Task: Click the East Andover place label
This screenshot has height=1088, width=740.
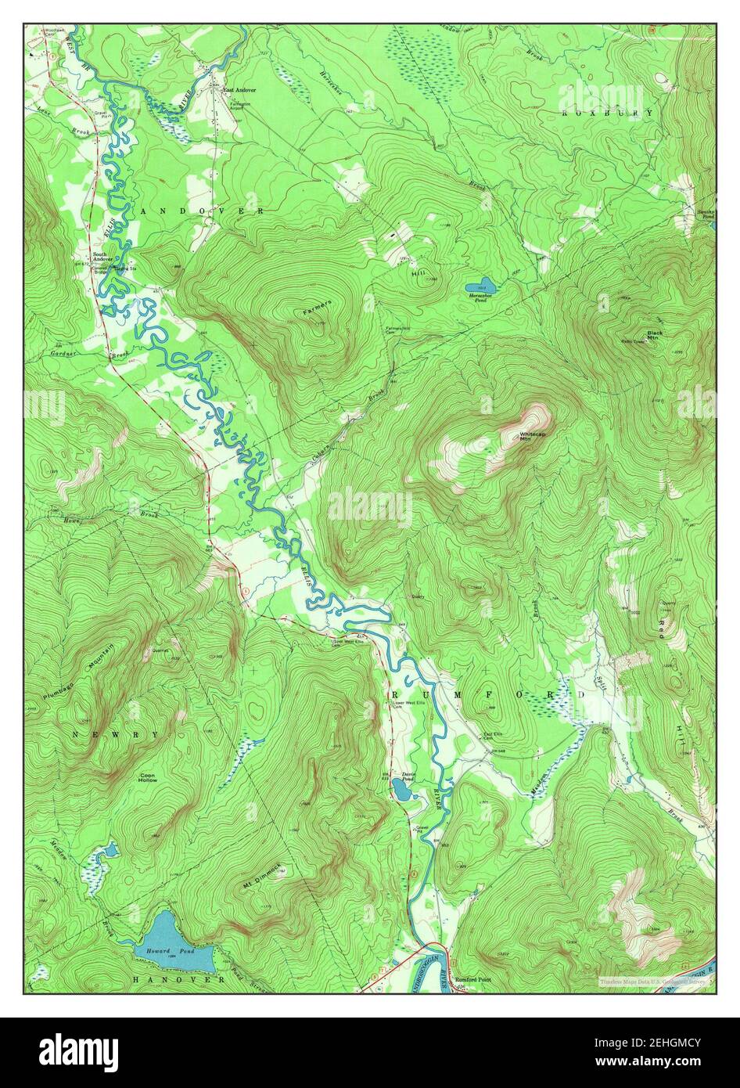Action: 239,90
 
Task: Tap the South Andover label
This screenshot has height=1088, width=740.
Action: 102,255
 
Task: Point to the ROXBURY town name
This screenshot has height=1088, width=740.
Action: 607,113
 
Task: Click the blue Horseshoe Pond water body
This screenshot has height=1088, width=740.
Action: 480,285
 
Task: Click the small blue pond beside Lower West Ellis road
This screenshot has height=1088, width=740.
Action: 404,791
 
